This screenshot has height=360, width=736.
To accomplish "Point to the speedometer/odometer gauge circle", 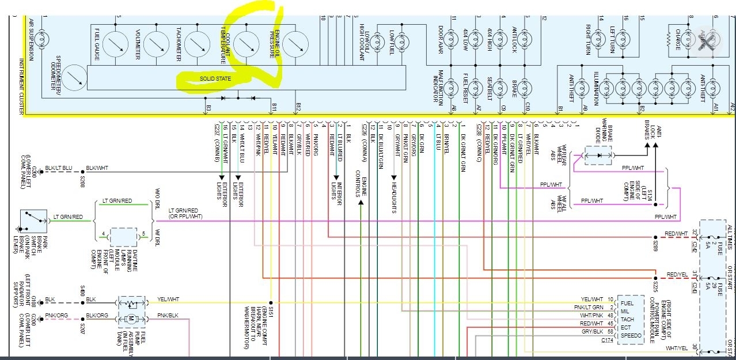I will pos(73,78).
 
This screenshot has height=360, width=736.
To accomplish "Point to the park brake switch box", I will pos(33,221).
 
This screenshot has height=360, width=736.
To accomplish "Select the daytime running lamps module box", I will pos(123,237).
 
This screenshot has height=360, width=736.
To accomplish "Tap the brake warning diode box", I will pos(598,155).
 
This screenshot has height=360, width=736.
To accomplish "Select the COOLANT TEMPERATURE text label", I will pos(224,44).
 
